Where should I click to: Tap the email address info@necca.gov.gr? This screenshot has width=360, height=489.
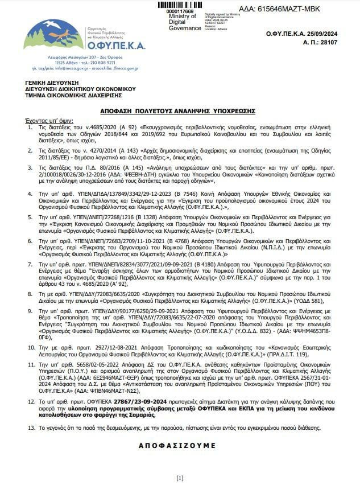(71, 68)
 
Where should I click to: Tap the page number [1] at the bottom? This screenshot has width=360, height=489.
(180, 478)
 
